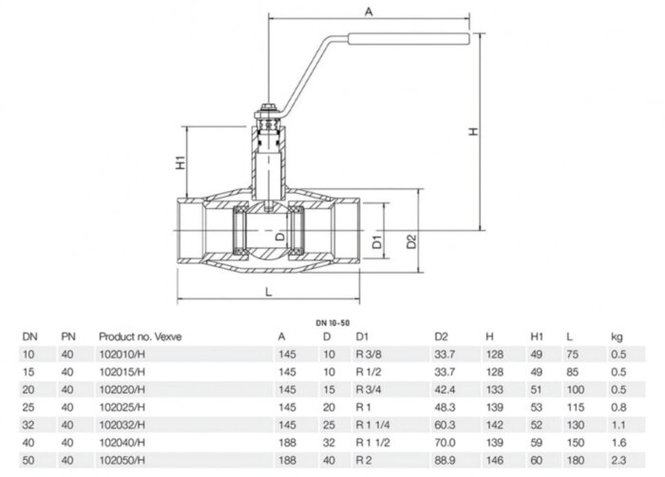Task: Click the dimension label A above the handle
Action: pos(367,10)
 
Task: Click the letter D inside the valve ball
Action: pos(280,235)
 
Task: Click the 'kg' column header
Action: pos(616,335)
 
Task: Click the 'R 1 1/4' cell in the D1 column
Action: pos(371,425)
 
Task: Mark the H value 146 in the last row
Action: pos(493,461)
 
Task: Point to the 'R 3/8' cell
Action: pos(367,353)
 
